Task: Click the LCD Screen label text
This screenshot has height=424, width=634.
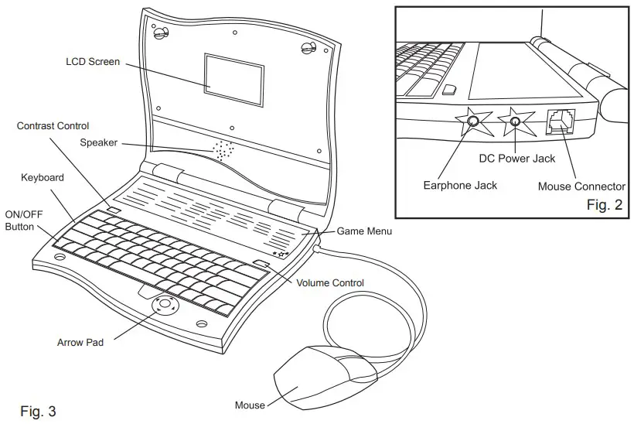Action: [x=93, y=61]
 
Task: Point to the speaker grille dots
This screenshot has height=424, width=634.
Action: [x=222, y=151]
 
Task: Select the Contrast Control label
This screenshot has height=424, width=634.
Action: [x=53, y=125]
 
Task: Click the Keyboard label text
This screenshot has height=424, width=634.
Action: [x=43, y=178]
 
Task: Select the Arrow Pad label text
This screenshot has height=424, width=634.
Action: [x=80, y=342]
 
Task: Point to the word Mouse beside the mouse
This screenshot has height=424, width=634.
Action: [x=250, y=405]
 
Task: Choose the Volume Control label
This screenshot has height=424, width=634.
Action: [x=330, y=283]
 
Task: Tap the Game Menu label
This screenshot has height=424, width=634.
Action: [x=364, y=231]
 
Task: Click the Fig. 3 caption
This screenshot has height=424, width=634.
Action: [x=38, y=410]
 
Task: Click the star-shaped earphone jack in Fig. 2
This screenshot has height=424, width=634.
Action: [x=472, y=121]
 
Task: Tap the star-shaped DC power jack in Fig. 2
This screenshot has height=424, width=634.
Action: [x=514, y=121]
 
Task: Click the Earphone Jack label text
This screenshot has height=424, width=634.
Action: [x=460, y=186]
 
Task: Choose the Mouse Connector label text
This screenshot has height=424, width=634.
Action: [x=581, y=186]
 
